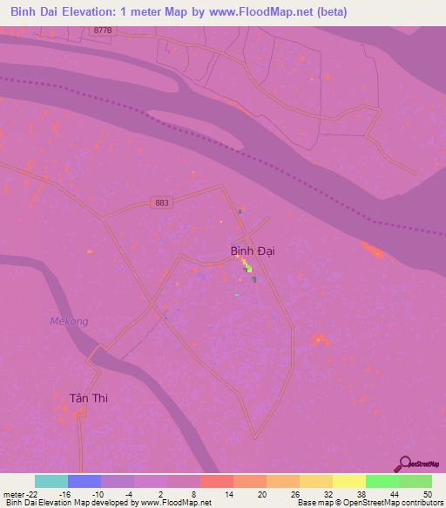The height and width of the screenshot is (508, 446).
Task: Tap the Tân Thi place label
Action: coord(88,398)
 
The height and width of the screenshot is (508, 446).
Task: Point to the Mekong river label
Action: coord(69,321)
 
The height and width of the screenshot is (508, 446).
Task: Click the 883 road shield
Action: coord(159,203)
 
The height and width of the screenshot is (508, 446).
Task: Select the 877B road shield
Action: coord(103,30)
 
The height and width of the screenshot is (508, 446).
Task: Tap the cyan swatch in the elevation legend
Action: coord(51,481)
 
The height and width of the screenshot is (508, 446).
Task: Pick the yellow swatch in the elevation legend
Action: coord(349,481)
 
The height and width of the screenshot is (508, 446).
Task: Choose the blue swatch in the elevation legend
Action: coord(84,481)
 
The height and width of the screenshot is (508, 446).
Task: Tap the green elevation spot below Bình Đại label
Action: coord(249,269)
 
